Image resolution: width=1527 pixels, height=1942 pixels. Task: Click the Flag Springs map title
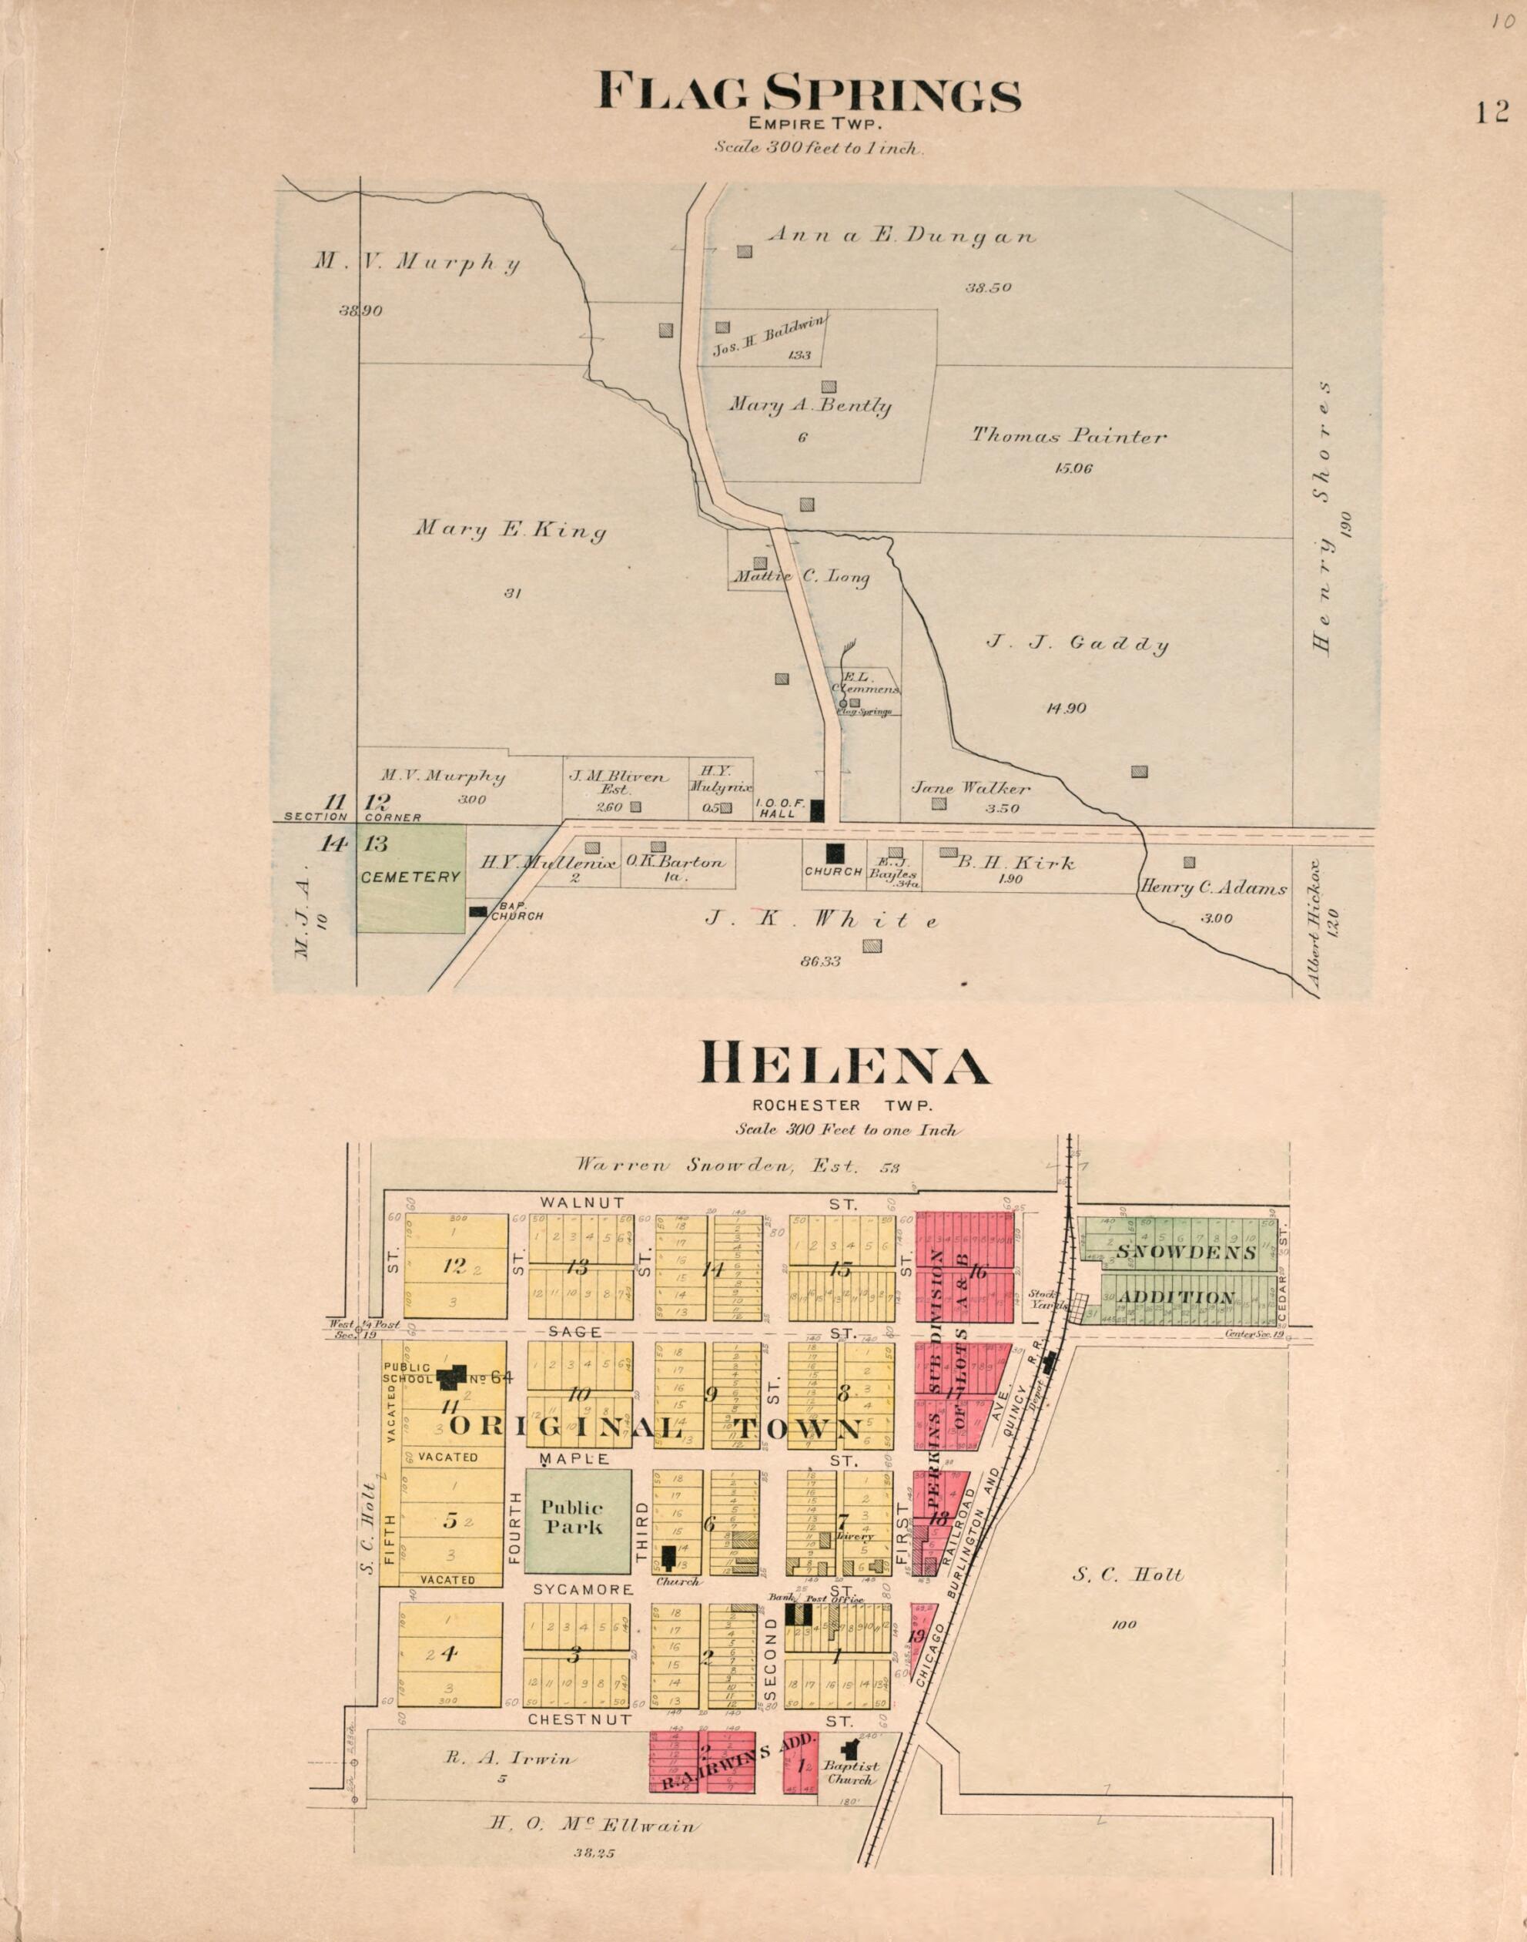coord(809,93)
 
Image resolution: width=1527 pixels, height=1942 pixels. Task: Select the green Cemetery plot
coord(411,878)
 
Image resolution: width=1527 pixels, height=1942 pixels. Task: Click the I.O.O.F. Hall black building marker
coord(816,811)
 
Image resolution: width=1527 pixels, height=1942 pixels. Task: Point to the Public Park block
coord(578,1521)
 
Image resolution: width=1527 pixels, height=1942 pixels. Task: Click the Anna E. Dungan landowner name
coord(901,236)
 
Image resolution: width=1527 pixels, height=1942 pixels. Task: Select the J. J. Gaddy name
coord(1077,644)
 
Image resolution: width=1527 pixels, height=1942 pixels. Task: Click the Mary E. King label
coord(510,530)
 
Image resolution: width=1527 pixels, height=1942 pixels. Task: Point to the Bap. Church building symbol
coord(479,911)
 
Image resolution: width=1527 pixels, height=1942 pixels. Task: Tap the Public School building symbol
coord(452,1380)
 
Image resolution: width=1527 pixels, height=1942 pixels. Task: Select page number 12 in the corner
coord(1492,112)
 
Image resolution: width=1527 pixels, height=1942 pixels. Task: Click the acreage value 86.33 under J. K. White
coord(822,961)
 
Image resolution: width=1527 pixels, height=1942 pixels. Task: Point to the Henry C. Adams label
coord(1212,889)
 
